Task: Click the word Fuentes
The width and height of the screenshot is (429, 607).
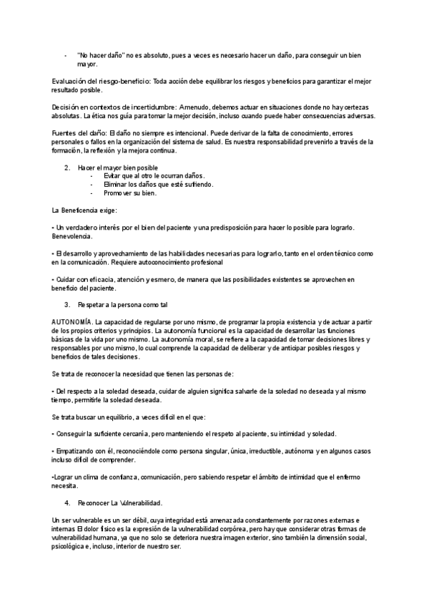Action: click(65, 133)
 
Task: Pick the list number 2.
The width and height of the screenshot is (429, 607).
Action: click(66, 167)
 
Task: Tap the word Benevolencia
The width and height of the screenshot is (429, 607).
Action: click(73, 235)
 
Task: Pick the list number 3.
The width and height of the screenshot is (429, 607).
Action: click(66, 305)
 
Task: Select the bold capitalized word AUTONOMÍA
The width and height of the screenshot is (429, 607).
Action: click(71, 323)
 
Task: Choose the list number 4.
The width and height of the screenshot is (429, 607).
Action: click(66, 502)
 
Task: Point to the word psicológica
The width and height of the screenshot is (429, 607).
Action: click(71, 545)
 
